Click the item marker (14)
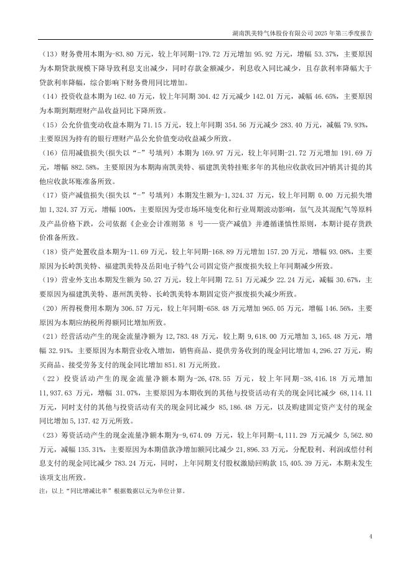47,96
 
